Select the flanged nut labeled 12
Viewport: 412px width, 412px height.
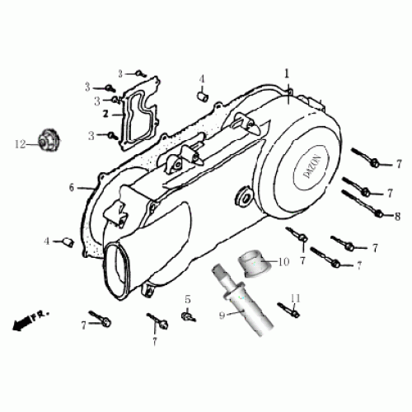click(x=47, y=142)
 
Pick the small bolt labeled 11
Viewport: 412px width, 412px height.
click(x=288, y=311)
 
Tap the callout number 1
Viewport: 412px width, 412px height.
click(x=288, y=73)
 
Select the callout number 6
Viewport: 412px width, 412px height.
click(x=72, y=188)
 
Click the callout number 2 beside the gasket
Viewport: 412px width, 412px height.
click(x=105, y=115)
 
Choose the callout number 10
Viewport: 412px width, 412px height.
click(x=283, y=263)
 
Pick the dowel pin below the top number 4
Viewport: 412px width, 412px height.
click(x=200, y=96)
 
